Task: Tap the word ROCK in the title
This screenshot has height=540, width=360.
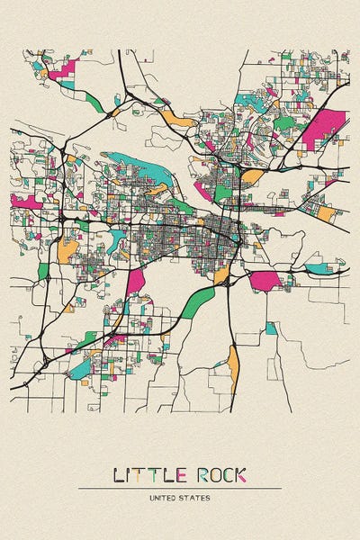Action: click(220, 474)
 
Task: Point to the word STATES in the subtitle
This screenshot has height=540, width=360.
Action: click(195, 497)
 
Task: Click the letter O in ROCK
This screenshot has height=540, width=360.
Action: click(211, 474)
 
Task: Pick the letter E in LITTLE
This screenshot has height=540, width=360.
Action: click(182, 474)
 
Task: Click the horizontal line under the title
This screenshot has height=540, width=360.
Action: click(180, 488)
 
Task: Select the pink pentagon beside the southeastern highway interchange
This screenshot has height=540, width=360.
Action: click(264, 280)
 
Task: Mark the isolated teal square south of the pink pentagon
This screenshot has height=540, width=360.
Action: click(271, 328)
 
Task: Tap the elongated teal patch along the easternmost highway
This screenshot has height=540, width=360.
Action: click(319, 267)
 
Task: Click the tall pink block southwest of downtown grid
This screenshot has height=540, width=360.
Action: click(135, 281)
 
